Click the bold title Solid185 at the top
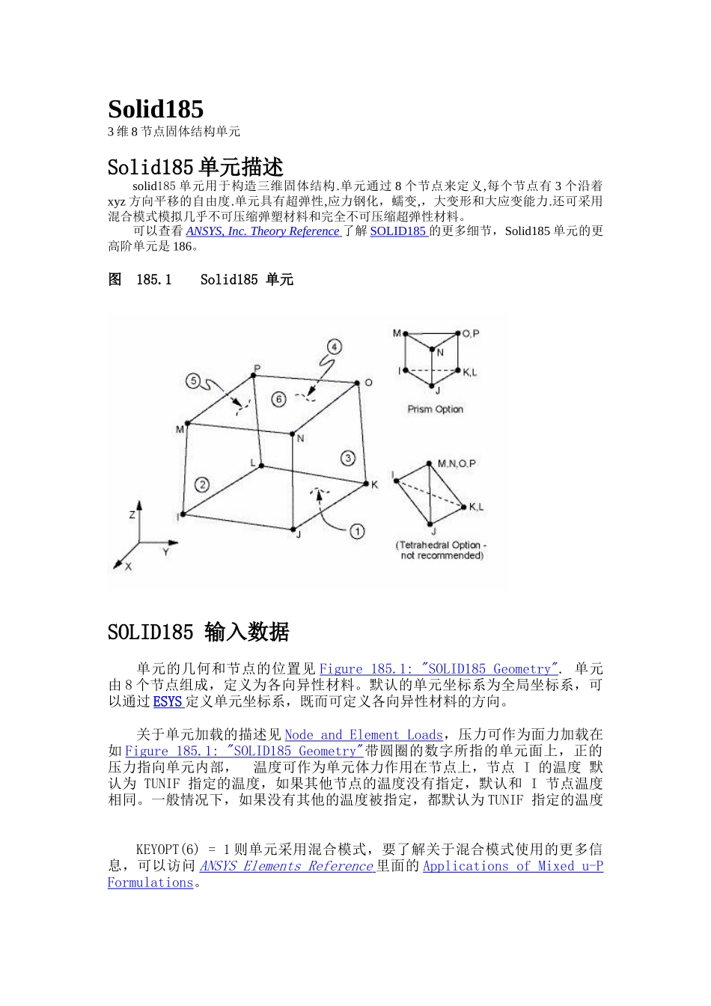[156, 109]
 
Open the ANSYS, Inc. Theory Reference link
[263, 231]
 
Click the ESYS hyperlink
[168, 701]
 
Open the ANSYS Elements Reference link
[286, 866]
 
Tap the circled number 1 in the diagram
[357, 531]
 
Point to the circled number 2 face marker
[201, 484]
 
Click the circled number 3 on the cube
[347, 457]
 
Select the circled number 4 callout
[334, 347]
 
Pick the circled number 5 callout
[193, 382]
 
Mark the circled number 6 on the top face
[278, 399]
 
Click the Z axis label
[132, 515]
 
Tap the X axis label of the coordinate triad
[128, 567]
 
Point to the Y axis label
[165, 552]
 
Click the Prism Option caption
[435, 409]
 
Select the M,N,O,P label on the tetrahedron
[457, 464]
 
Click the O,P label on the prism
[471, 333]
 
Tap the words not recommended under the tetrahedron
[442, 555]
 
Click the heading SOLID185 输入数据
[198, 632]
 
